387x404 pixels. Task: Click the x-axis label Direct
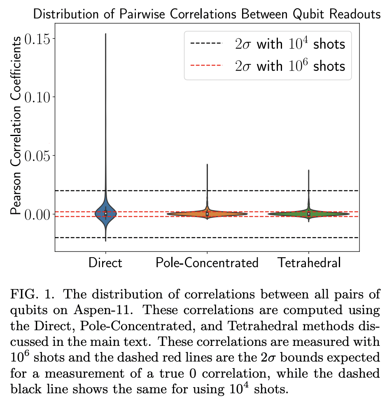pos(106,263)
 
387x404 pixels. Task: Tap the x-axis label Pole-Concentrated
pos(207,263)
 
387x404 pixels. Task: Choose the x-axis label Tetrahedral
pos(309,263)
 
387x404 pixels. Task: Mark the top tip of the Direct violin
pos(106,34)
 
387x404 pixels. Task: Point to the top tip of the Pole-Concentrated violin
pos(207,164)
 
